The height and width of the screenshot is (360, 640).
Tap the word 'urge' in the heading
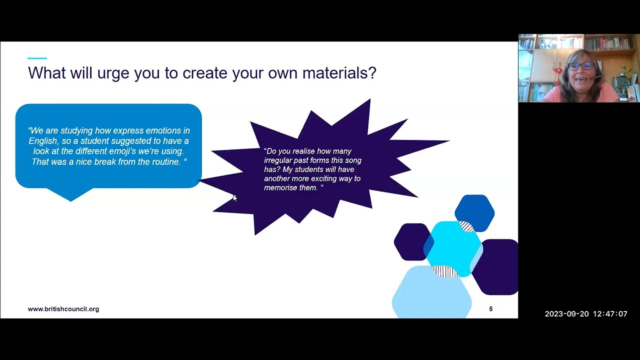tap(112, 73)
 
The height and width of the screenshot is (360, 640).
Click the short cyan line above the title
tap(37, 58)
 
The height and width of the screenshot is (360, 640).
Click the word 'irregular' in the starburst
tap(278, 160)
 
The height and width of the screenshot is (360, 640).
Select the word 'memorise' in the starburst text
tap(279, 188)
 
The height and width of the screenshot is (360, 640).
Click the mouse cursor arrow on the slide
tap(234, 198)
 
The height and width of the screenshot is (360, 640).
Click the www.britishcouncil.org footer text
tap(63, 309)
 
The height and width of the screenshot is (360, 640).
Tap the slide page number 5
tap(490, 309)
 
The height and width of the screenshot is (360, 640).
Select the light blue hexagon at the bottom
tap(431, 295)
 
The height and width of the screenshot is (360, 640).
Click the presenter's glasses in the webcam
tap(580, 66)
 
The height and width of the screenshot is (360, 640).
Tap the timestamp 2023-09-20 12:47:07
tap(585, 314)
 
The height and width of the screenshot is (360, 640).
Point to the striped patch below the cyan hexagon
tap(444, 271)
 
